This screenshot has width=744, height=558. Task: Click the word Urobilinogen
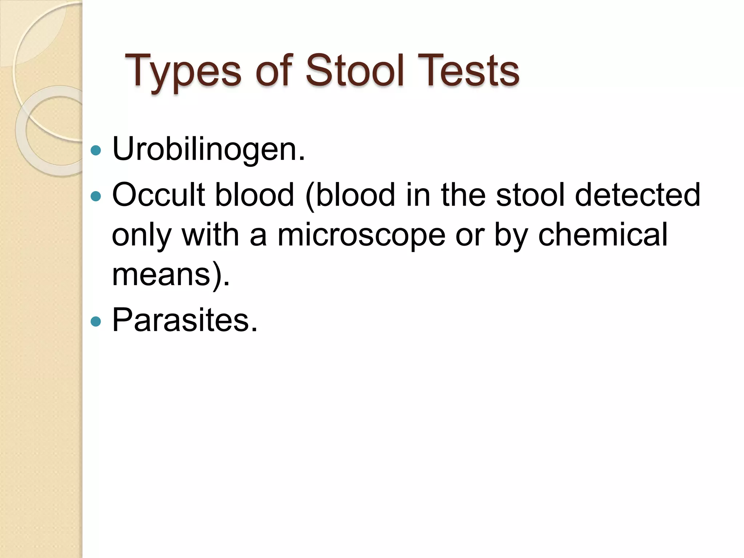[x=209, y=149]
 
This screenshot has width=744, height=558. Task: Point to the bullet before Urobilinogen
[x=96, y=150]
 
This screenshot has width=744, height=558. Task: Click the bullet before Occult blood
[x=96, y=197]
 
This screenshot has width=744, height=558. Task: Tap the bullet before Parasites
[x=96, y=321]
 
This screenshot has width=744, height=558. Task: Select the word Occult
[x=158, y=195]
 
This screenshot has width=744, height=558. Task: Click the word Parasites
[x=185, y=320]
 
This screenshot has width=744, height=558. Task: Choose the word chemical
[x=603, y=235]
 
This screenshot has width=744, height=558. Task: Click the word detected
[x=638, y=195]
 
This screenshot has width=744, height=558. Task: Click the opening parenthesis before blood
[x=310, y=196]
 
